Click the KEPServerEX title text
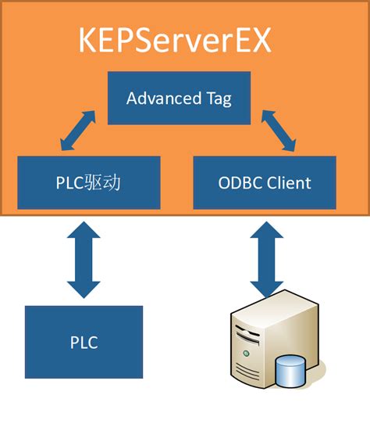click(175, 41)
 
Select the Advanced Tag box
click(179, 98)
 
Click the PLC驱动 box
click(88, 182)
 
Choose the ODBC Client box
click(264, 182)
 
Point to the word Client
click(290, 183)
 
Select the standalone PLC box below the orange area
click(84, 342)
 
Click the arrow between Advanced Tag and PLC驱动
click(77, 131)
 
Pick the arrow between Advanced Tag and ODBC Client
click(279, 131)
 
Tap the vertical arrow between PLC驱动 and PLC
click(84, 257)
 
